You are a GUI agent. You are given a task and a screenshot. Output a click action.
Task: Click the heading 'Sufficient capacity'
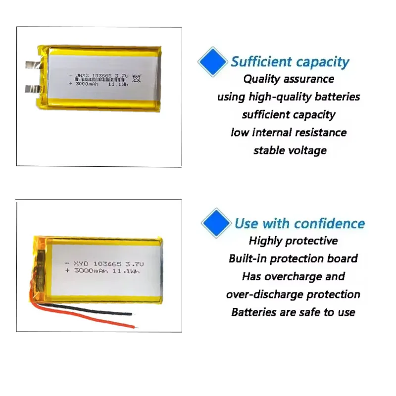(x=290, y=62)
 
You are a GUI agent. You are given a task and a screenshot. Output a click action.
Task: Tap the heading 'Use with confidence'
(x=299, y=223)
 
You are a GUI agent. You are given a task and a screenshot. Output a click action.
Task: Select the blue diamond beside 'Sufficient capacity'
(x=212, y=61)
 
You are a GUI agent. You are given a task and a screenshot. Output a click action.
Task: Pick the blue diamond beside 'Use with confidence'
(x=216, y=223)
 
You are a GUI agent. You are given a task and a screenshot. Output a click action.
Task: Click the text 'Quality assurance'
(x=289, y=79)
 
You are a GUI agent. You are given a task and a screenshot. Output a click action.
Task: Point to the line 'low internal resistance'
(x=289, y=133)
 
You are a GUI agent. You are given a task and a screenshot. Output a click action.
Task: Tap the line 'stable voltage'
(x=290, y=150)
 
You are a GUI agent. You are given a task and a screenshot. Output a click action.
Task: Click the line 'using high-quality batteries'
(x=289, y=97)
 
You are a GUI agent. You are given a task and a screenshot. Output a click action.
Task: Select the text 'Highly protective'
(x=293, y=241)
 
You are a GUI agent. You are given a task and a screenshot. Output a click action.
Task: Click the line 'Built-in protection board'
(x=293, y=258)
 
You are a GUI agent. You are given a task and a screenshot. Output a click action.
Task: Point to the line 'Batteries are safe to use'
(x=293, y=312)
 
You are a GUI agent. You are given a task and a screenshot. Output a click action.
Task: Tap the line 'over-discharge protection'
(x=293, y=295)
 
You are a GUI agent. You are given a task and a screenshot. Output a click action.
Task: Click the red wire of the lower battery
(x=99, y=320)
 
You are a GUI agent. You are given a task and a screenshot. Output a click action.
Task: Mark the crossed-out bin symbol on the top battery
(x=137, y=77)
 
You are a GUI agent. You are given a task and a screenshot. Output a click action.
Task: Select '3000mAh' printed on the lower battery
(x=92, y=271)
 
